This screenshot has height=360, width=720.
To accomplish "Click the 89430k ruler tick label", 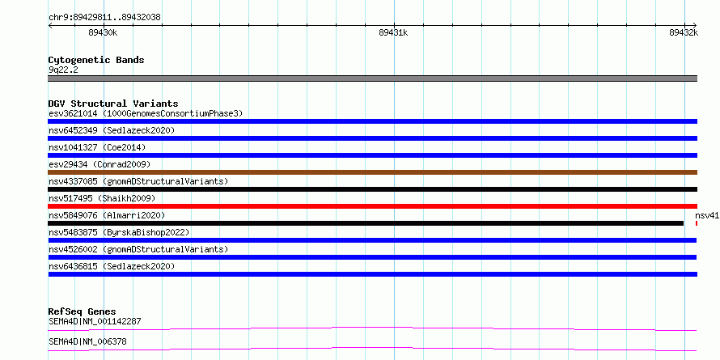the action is pyautogui.click(x=104, y=32).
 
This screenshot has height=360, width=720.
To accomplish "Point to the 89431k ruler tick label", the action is pyautogui.click(x=393, y=32).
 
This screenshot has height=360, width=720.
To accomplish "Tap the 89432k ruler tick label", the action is pyautogui.click(x=684, y=32).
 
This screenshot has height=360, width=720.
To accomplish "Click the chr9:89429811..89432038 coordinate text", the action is pyautogui.click(x=104, y=18).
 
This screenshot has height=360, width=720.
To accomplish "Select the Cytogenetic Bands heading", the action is pyautogui.click(x=96, y=60).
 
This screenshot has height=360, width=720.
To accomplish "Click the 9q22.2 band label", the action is pyautogui.click(x=63, y=70).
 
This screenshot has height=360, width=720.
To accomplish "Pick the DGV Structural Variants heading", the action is pyautogui.click(x=113, y=104).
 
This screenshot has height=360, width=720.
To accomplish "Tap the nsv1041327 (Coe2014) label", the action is pyautogui.click(x=97, y=147).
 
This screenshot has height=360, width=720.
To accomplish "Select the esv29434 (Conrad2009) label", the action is pyautogui.click(x=100, y=164).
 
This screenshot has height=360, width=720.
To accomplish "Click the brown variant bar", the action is pyautogui.click(x=373, y=172).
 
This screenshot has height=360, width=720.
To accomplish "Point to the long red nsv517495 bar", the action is pyautogui.click(x=373, y=206).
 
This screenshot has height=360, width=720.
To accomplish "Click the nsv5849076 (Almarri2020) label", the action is pyautogui.click(x=107, y=215).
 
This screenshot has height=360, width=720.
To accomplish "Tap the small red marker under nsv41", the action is pyautogui.click(x=697, y=223).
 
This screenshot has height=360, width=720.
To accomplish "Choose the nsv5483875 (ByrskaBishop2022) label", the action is pyautogui.click(x=119, y=232).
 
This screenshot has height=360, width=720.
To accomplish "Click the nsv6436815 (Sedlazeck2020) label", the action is pyautogui.click(x=112, y=266).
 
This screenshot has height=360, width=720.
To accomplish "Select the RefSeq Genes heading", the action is pyautogui.click(x=83, y=311).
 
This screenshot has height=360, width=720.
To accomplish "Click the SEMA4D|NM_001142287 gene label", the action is pyautogui.click(x=95, y=321).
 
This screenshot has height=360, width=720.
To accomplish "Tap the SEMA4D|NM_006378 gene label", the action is pyautogui.click(x=87, y=341).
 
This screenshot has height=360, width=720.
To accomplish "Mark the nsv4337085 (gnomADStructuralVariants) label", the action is pyautogui.click(x=138, y=181).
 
